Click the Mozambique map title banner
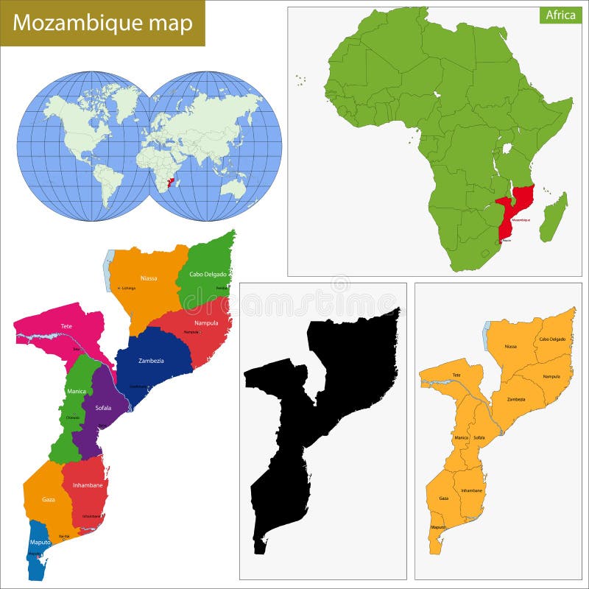click(x=102, y=23)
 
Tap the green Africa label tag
click(x=560, y=15)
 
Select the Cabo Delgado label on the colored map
click(x=208, y=275)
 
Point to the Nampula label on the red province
click(x=206, y=322)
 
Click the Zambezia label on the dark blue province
click(x=151, y=360)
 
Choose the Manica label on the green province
click(x=77, y=392)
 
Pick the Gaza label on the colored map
click(x=48, y=499)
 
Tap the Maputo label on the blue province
click(x=40, y=543)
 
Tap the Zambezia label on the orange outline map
click(x=516, y=399)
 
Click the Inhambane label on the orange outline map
click(x=471, y=490)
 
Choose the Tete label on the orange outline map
click(x=457, y=374)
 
